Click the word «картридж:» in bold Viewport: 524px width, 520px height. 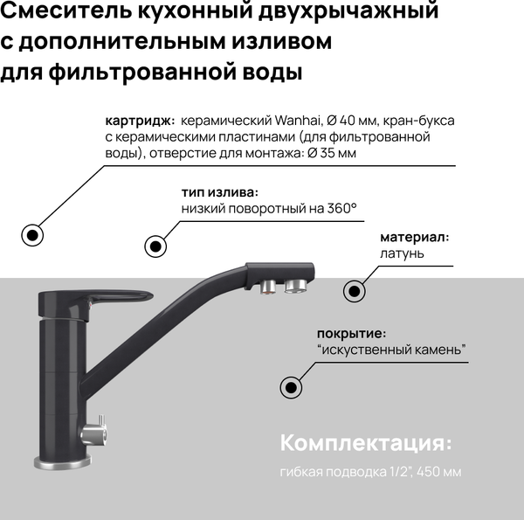pyautogui.click(x=139, y=121)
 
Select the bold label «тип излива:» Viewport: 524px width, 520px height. pyautogui.click(x=219, y=191)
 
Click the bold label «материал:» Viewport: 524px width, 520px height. pyautogui.click(x=414, y=237)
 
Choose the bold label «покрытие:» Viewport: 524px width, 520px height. pyautogui.click(x=351, y=333)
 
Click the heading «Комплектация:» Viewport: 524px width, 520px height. pyautogui.click(x=367, y=442)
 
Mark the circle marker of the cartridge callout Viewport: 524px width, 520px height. pyautogui.click(x=32, y=234)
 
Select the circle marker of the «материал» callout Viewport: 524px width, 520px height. pyautogui.click(x=354, y=291)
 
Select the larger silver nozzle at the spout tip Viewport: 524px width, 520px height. pyautogui.click(x=297, y=286)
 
